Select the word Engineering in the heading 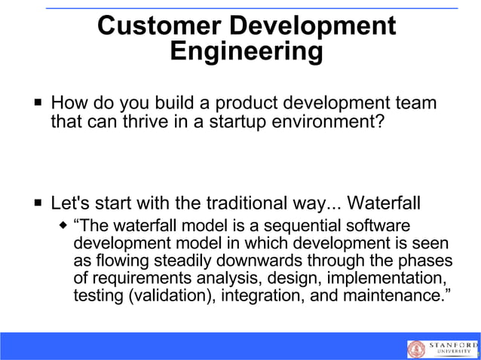click(246, 52)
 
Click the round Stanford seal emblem click(417, 348)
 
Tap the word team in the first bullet click(415, 102)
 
